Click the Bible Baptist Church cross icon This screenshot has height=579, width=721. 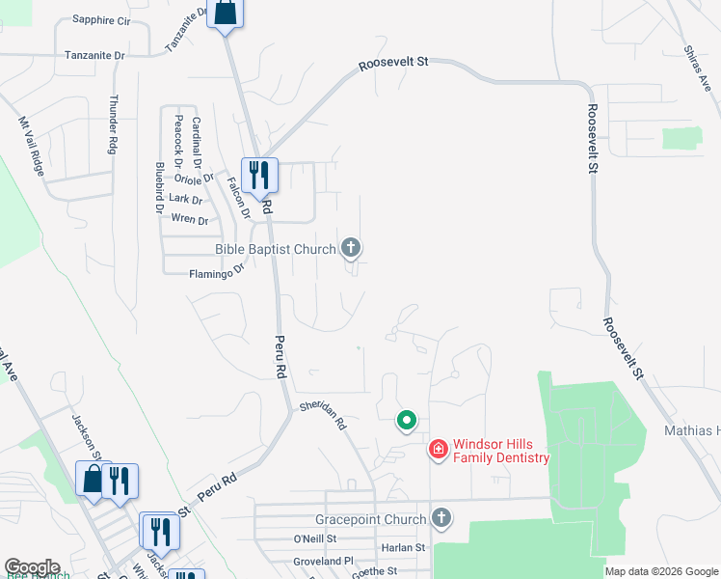pos(352,249)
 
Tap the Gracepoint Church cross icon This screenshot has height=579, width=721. pos(441,519)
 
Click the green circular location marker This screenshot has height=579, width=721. pos(407,420)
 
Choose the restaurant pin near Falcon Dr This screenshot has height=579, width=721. pos(258,175)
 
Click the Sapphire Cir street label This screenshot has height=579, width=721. pos(102,19)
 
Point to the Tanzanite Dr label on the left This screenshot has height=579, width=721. pos(94,56)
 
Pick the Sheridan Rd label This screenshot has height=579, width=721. pos(323,415)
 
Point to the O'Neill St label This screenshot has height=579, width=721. pos(315,538)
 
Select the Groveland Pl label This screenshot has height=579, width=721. pos(324,561)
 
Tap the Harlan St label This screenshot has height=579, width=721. pos(404,547)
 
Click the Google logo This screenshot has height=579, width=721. pos(32,567)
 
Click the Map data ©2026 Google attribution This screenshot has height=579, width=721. pos(661,571)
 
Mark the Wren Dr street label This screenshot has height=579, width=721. pos(189,220)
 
